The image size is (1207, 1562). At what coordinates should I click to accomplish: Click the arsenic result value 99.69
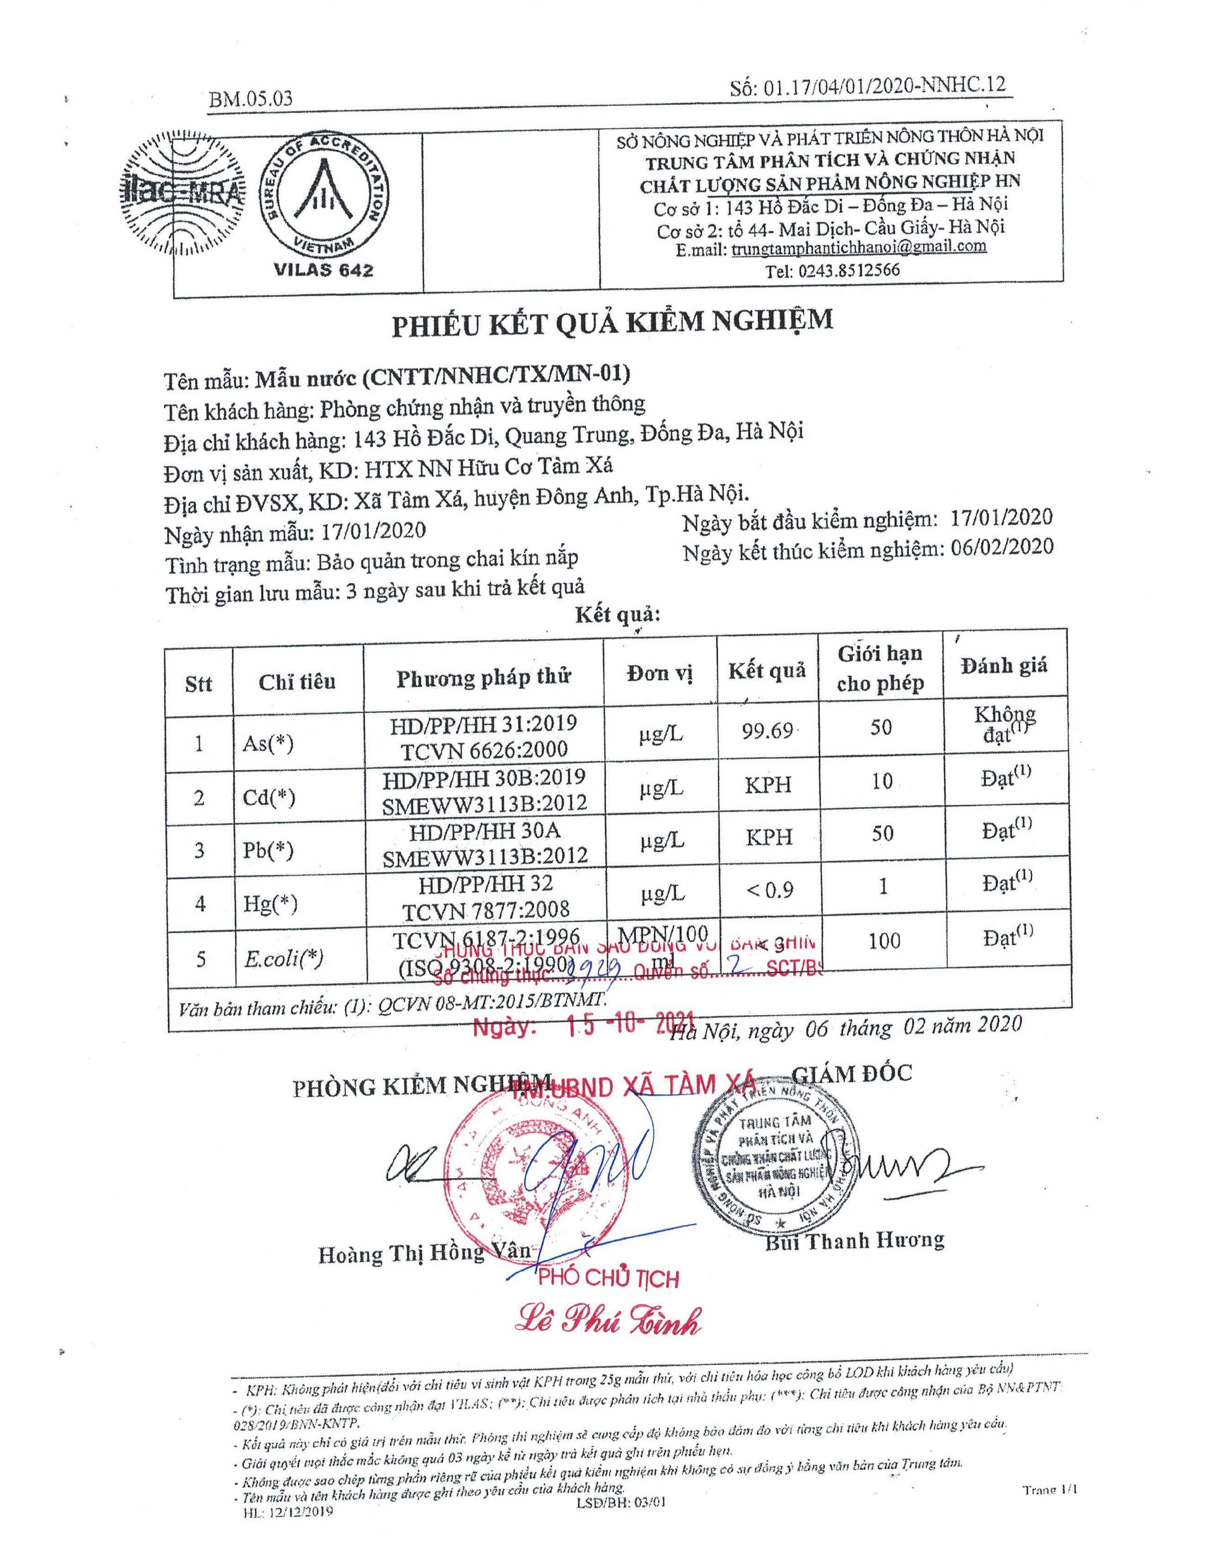[766, 731]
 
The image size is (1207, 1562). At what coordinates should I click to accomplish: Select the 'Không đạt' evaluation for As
[1004, 724]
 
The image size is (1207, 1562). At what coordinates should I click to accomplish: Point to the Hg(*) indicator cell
[270, 904]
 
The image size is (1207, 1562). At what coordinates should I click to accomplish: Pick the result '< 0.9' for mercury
[769, 890]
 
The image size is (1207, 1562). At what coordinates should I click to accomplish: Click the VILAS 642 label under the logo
[323, 270]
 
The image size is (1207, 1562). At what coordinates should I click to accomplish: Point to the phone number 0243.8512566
[832, 270]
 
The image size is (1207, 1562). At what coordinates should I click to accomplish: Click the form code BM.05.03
[250, 99]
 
